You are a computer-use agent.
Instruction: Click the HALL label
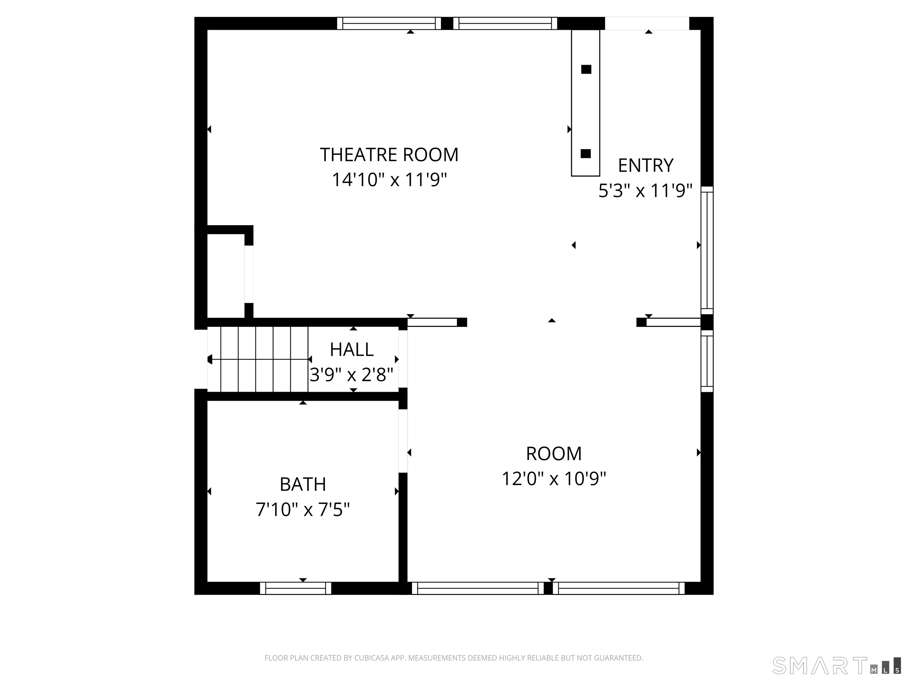pos(352,350)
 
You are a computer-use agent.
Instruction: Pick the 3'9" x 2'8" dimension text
pos(351,375)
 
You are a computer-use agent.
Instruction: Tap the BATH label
pos(303,484)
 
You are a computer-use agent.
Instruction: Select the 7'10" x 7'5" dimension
pos(303,510)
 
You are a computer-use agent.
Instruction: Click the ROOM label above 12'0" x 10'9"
pos(554,454)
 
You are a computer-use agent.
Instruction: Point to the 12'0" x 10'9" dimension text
pos(554,479)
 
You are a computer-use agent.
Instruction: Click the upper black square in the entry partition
pos(586,69)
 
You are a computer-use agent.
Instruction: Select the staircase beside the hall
pos(258,359)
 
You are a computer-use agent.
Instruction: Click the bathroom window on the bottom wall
pos(296,588)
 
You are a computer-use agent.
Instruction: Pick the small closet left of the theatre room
pos(226,275)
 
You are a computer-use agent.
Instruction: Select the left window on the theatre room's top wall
pos(389,23)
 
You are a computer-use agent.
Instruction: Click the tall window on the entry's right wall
pos(707,250)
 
